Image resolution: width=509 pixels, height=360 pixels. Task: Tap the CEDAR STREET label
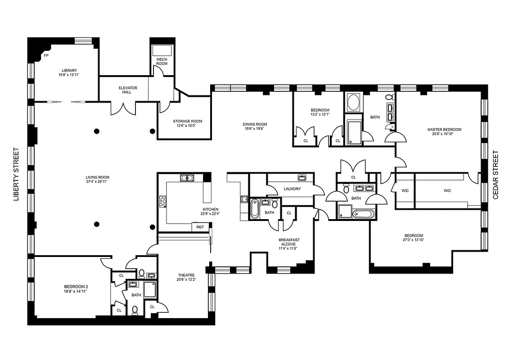(x=496, y=175)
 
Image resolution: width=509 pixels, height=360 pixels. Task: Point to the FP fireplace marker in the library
(x=46, y=56)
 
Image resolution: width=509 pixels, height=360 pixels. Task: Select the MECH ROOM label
(x=162, y=61)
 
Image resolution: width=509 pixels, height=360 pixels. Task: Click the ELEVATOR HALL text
(x=128, y=90)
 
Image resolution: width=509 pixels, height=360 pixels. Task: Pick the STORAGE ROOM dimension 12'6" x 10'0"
(x=188, y=126)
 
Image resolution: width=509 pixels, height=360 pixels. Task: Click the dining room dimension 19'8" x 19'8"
(x=255, y=129)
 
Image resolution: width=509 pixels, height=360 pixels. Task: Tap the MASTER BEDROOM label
(x=444, y=130)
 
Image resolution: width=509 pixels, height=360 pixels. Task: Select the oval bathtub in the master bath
(x=354, y=103)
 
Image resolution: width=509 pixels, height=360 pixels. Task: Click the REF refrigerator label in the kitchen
(x=200, y=227)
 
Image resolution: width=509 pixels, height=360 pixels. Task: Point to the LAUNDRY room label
(x=292, y=189)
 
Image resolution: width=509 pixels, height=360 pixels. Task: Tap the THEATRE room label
(x=186, y=275)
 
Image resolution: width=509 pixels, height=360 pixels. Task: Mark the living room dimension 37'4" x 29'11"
(x=98, y=182)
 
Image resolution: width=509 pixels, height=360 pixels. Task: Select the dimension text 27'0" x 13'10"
(x=413, y=240)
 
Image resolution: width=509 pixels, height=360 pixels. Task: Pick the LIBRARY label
(x=69, y=70)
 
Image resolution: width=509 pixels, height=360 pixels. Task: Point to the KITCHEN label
(x=210, y=209)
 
